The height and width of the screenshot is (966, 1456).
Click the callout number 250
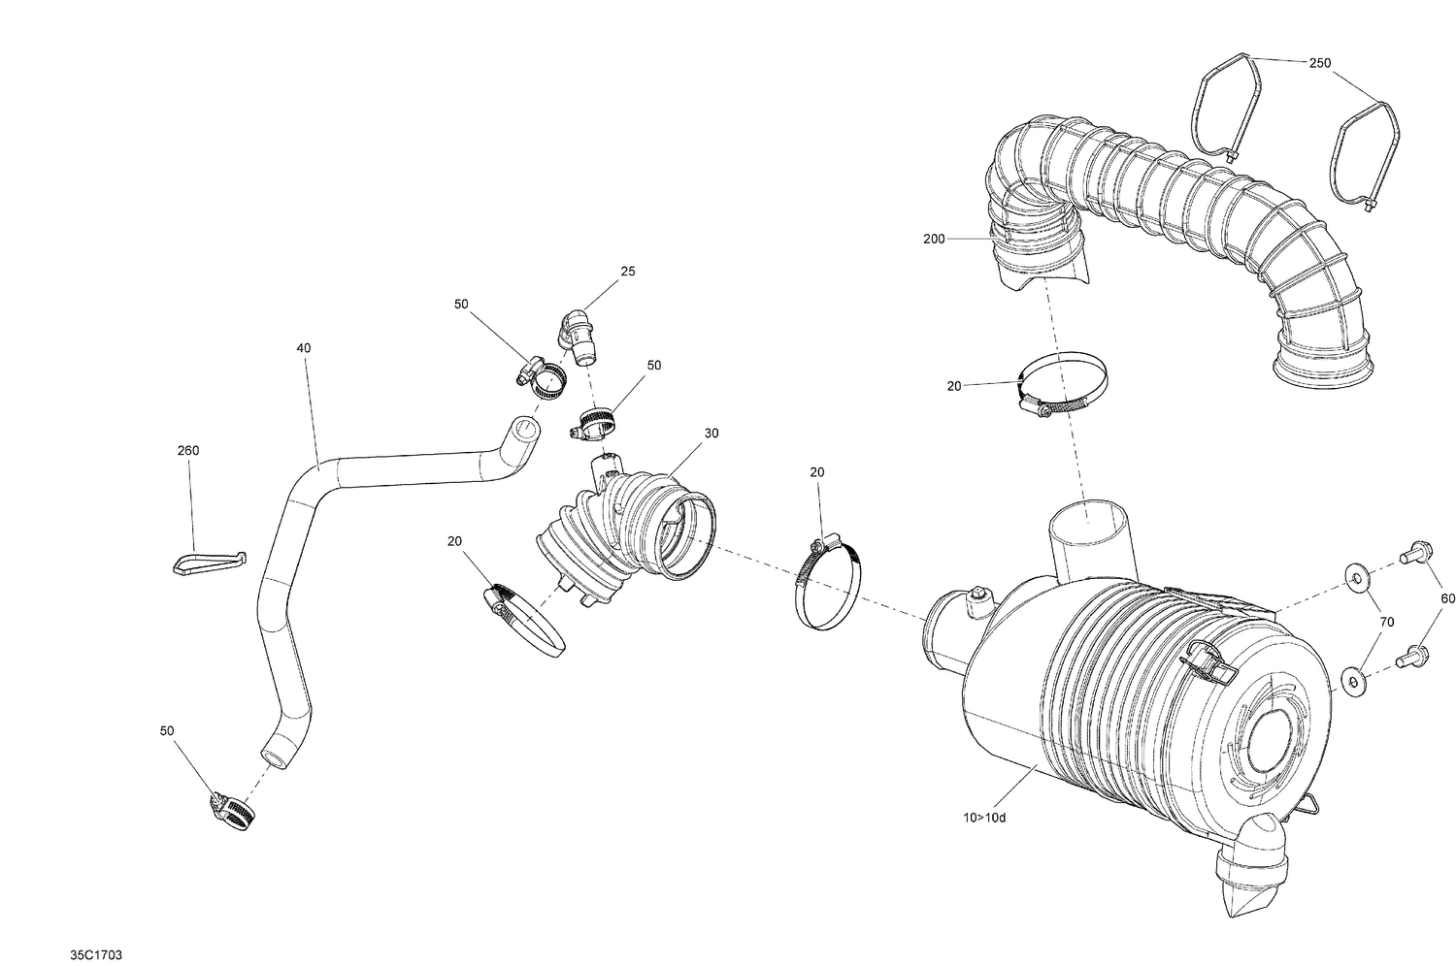tap(1319, 63)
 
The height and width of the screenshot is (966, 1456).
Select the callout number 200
tap(934, 238)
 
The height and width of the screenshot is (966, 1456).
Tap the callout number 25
tap(628, 272)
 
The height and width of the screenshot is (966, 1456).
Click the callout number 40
tap(304, 347)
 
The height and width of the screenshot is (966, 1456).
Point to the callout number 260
tap(188, 451)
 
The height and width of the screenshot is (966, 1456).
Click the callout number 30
tap(711, 434)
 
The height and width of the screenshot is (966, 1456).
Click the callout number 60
tap(1447, 599)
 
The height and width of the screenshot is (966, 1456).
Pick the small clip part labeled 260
tap(210, 562)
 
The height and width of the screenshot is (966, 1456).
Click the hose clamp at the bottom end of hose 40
tap(232, 812)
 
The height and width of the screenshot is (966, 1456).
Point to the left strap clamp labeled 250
tap(1225, 105)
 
